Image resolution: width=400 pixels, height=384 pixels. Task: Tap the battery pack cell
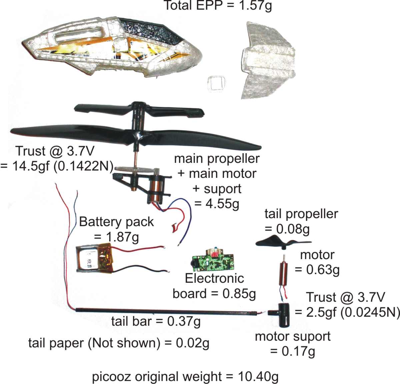95,258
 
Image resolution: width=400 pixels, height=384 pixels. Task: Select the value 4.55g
222,204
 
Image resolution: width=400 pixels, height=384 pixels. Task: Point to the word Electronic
214,278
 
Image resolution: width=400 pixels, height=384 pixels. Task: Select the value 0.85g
239,294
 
